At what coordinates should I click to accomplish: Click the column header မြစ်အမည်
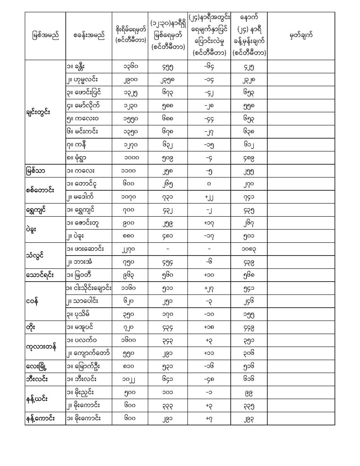(x=45, y=36)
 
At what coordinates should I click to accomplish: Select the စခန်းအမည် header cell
(x=89, y=36)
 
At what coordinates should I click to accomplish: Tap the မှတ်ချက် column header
(x=301, y=36)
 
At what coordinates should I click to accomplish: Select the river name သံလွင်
(x=36, y=256)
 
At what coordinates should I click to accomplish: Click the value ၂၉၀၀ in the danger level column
(x=130, y=80)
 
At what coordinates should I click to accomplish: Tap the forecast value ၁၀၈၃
(x=249, y=249)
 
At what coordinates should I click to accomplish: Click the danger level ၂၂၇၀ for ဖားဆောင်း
(x=130, y=249)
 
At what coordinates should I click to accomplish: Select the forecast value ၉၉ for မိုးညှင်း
(x=249, y=393)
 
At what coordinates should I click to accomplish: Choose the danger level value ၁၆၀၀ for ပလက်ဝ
(x=130, y=340)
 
